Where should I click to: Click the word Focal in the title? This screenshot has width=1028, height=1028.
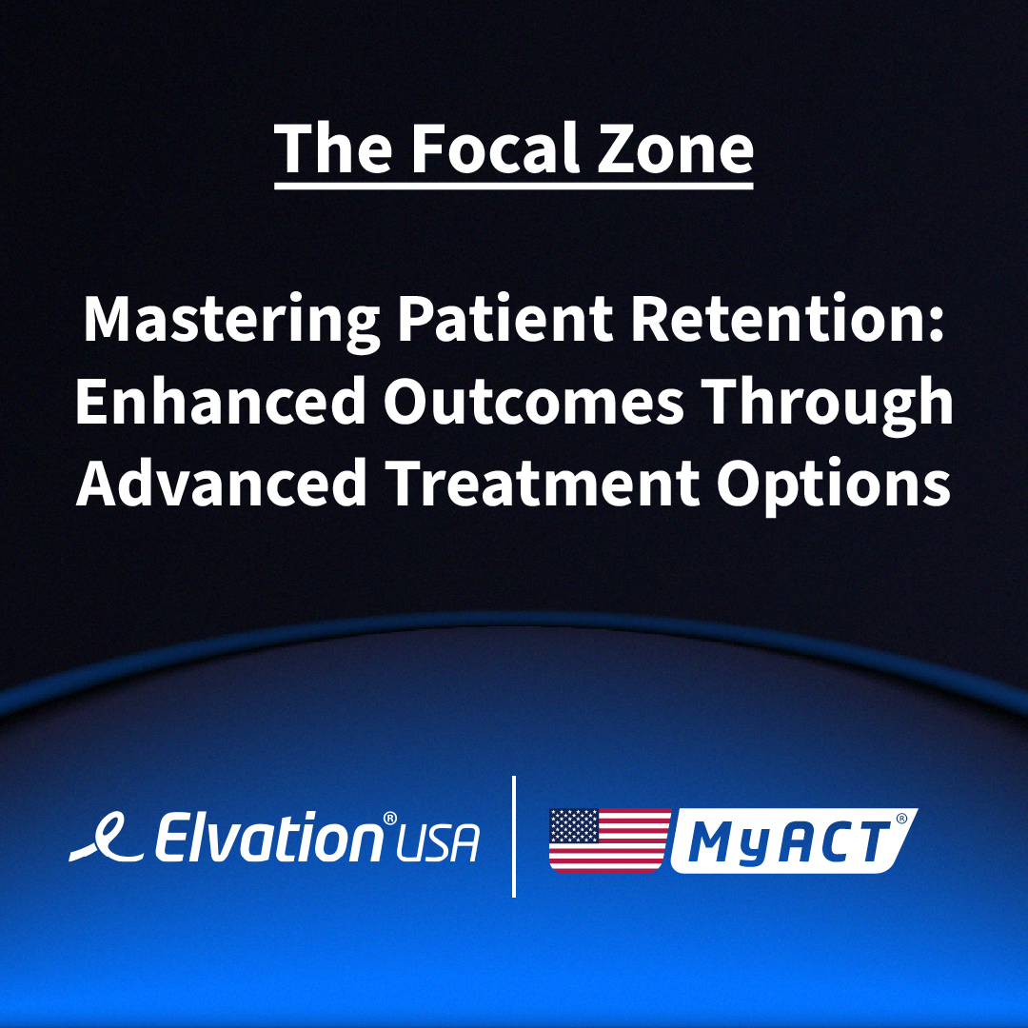click(x=495, y=148)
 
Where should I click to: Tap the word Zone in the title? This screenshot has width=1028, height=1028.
click(x=675, y=148)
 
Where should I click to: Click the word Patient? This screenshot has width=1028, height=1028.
click(x=504, y=318)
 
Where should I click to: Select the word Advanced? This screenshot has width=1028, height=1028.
click(x=222, y=482)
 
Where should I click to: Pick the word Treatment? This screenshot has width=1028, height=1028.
click(x=542, y=482)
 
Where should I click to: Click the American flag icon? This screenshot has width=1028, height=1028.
click(x=610, y=840)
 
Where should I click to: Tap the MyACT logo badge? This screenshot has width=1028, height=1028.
click(x=793, y=840)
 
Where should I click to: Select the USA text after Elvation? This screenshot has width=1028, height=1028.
click(x=439, y=842)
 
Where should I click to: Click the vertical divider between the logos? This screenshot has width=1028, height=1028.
click(x=513, y=836)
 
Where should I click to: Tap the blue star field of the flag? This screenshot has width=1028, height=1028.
click(x=574, y=826)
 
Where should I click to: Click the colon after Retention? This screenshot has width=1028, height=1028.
click(x=937, y=325)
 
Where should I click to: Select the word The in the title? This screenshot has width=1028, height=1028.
click(x=334, y=148)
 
